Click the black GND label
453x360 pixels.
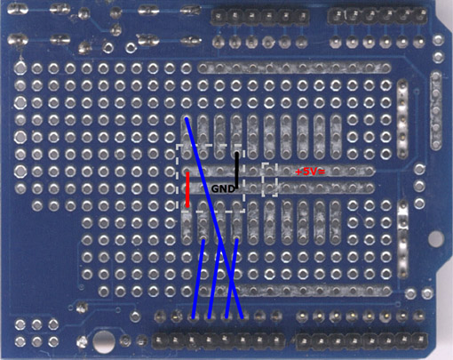pyautogui.click(x=223, y=188)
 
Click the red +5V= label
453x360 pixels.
pyautogui.click(x=310, y=172)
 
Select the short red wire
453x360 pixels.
pyautogui.click(x=187, y=189)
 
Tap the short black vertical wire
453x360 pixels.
pyautogui.click(x=236, y=171)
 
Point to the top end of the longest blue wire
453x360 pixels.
pyautogui.click(x=187, y=119)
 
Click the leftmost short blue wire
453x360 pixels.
pyautogui.click(x=198, y=279)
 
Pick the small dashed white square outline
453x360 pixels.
pyautogui.click(x=269, y=180)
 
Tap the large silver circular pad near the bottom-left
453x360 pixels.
pyautogui.click(x=103, y=341)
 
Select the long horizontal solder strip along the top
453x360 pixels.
pyautogui.click(x=295, y=68)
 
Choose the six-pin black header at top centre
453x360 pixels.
pyautogui.click(x=259, y=17)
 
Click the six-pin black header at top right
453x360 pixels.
pyautogui.click(x=377, y=16)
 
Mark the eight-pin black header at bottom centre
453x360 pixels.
pyautogui.click(x=219, y=340)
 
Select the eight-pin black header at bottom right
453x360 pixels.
pyautogui.click(x=362, y=340)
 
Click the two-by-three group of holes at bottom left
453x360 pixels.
pyautogui.click(x=36, y=332)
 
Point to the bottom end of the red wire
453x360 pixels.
pyautogui.click(x=187, y=206)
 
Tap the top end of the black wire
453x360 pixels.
pyautogui.click(x=236, y=153)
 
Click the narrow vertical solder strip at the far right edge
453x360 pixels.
pyautogui.click(x=436, y=109)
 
